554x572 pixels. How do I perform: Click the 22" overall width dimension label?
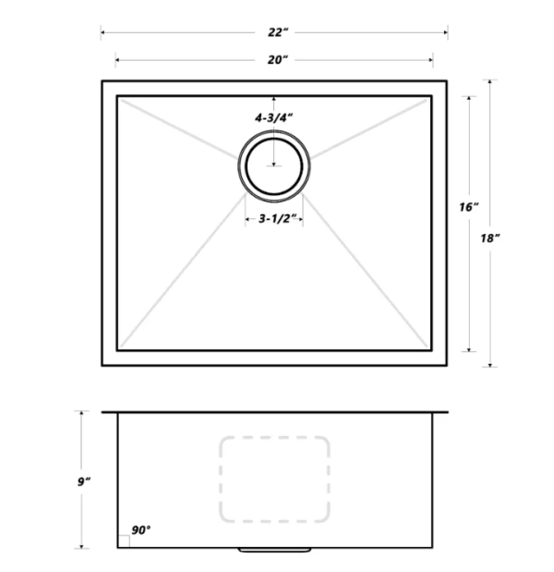[x=274, y=32]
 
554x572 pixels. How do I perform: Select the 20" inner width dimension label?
[x=274, y=60]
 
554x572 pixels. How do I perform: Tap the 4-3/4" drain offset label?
[x=274, y=118]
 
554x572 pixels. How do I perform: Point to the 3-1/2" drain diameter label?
[x=274, y=219]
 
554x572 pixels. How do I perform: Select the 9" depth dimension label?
[x=83, y=481]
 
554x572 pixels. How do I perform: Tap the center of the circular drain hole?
[x=274, y=165]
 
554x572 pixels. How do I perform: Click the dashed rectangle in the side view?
[x=274, y=478]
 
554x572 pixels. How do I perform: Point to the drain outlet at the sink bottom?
[x=274, y=551]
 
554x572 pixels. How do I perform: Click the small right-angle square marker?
[x=124, y=542]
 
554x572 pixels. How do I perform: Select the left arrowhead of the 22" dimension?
[x=103, y=32]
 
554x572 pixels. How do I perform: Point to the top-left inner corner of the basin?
[x=117, y=95]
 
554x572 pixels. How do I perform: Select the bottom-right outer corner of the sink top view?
[x=447, y=365]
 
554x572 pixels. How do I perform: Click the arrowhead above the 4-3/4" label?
[x=274, y=98]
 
